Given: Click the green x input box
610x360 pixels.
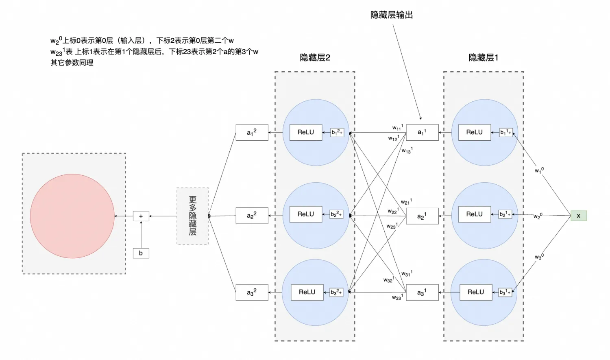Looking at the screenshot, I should click(578, 216).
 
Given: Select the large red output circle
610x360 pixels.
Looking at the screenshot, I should click(72, 216).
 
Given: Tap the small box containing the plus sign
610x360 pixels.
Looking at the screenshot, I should click(141, 216).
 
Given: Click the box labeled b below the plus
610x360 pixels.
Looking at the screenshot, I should click(141, 253).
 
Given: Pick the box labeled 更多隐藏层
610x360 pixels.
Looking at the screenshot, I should click(192, 216).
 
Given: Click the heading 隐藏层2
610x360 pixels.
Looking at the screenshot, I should click(315, 58).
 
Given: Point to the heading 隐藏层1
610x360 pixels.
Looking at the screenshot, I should click(483, 58).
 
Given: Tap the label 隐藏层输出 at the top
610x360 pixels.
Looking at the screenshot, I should click(392, 15).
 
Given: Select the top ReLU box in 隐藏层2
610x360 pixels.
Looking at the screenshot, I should click(306, 132).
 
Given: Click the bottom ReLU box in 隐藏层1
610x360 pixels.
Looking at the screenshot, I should click(476, 292).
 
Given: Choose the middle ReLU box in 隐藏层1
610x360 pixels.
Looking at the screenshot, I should click(475, 214).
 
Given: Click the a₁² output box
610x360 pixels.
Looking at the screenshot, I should click(252, 132).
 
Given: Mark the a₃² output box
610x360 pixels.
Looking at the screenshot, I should click(252, 292).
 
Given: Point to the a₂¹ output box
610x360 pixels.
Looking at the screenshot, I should click(422, 216).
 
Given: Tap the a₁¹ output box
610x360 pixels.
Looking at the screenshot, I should click(422, 132).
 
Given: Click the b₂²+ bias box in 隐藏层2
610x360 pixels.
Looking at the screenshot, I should click(336, 214).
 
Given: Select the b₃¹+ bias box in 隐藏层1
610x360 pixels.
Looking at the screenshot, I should click(505, 292).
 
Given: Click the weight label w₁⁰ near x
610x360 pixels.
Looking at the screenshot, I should click(539, 170).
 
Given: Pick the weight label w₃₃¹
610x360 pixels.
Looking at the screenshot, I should click(397, 297).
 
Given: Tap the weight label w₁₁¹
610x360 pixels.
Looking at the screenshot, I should click(398, 128).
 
